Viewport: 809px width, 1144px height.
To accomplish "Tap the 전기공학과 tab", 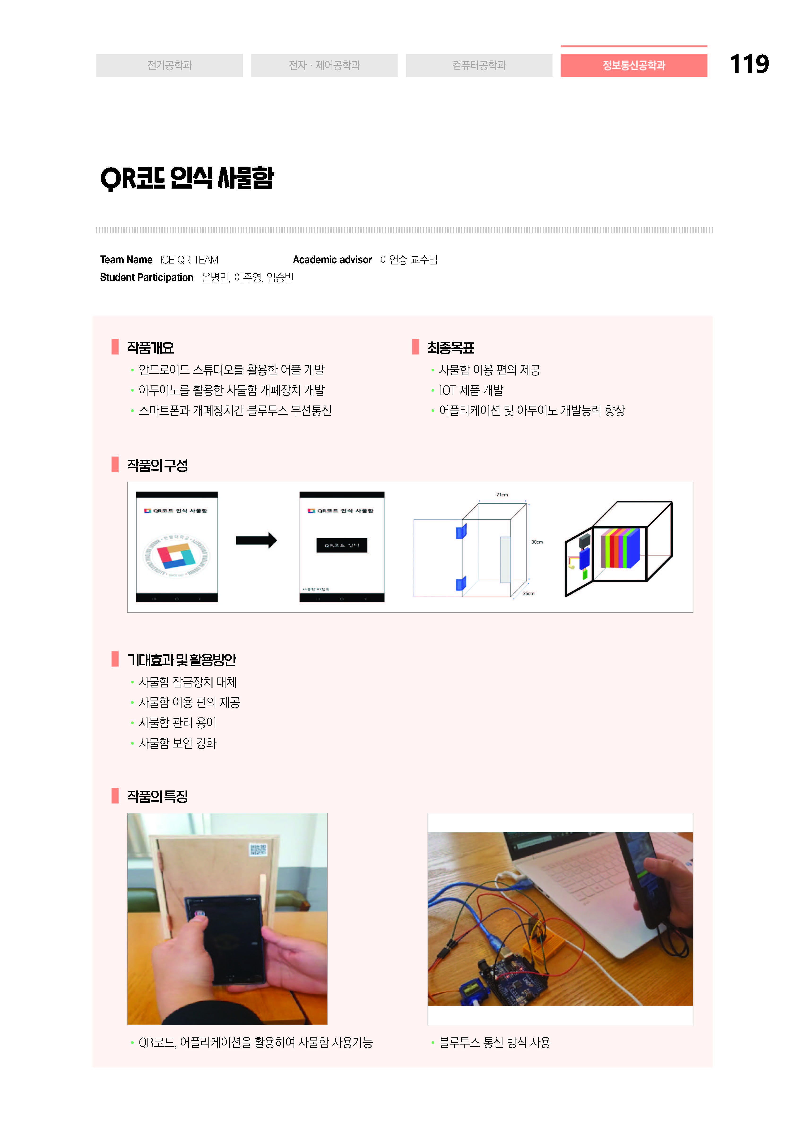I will click(x=169, y=65).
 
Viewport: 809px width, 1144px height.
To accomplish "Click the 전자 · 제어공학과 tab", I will click(x=324, y=65).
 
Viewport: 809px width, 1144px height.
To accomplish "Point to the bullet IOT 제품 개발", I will click(x=471, y=390).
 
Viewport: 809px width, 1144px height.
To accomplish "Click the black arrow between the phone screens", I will click(x=256, y=540).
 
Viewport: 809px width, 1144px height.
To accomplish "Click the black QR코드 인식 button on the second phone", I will click(x=342, y=545).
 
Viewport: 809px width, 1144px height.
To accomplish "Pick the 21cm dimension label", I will click(x=502, y=495).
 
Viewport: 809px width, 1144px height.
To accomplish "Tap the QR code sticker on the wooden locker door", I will click(x=258, y=850).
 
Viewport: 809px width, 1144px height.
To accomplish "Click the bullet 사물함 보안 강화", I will click(x=177, y=743).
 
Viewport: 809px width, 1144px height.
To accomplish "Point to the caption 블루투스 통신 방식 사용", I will click(x=494, y=1042).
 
